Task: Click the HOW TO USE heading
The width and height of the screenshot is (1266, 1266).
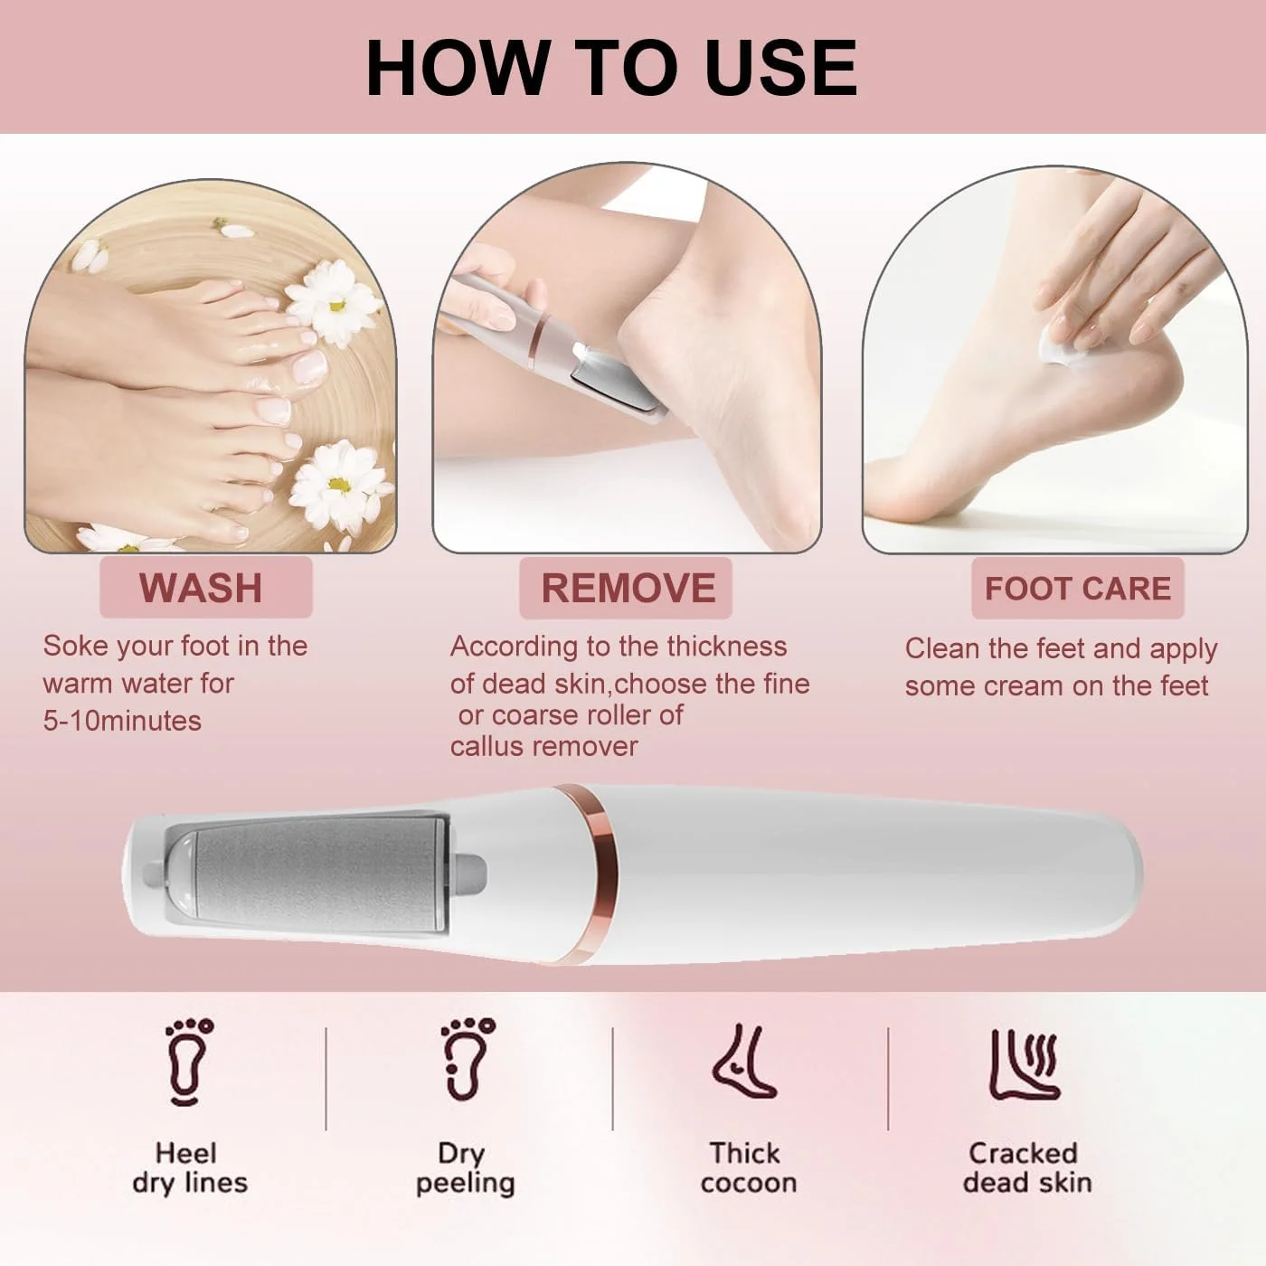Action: [611, 68]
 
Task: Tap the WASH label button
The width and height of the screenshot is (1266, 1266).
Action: [205, 587]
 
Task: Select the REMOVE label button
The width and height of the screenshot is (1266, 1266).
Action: [626, 588]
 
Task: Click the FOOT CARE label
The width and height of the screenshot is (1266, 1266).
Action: [1077, 588]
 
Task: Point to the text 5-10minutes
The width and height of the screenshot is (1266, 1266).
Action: [122, 721]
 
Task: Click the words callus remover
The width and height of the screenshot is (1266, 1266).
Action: [544, 746]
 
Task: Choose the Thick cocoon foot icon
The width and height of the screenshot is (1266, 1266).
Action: [745, 1061]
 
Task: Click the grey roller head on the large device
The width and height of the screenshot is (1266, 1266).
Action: [317, 874]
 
